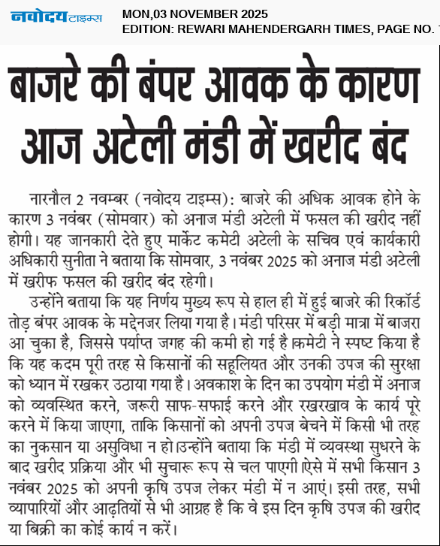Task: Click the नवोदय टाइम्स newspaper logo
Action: tap(57, 17)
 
